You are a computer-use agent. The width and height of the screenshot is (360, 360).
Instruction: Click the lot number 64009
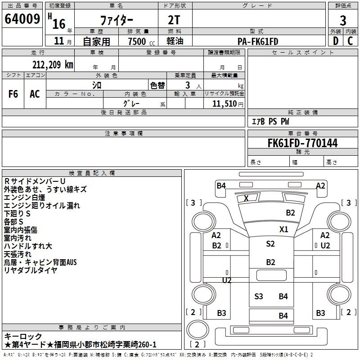tap(22, 19)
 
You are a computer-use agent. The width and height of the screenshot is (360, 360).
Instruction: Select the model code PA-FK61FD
tap(258, 41)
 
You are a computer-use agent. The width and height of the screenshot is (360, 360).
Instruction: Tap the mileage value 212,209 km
tap(52, 65)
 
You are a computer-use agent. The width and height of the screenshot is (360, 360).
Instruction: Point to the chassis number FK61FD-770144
tap(302, 143)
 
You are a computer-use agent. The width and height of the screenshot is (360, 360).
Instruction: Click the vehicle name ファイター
tap(117, 20)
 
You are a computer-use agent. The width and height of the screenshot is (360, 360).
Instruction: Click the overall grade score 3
tap(343, 20)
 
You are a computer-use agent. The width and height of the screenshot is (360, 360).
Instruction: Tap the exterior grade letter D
tap(336, 41)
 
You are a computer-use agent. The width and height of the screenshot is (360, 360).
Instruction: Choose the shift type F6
tap(13, 94)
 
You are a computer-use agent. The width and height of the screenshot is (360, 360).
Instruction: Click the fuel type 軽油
tap(175, 41)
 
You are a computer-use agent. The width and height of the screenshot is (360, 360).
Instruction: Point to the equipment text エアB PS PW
tap(270, 122)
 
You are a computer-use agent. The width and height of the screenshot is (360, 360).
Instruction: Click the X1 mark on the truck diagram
tap(283, 229)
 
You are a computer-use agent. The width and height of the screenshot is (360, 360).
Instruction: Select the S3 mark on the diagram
tap(259, 296)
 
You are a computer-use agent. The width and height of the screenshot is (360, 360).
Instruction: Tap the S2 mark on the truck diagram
tap(270, 244)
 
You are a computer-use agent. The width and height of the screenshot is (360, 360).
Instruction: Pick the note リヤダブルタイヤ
tap(31, 270)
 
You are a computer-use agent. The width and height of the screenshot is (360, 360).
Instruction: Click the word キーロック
tap(23, 336)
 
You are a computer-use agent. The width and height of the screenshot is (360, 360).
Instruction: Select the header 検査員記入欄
tap(92, 173)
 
